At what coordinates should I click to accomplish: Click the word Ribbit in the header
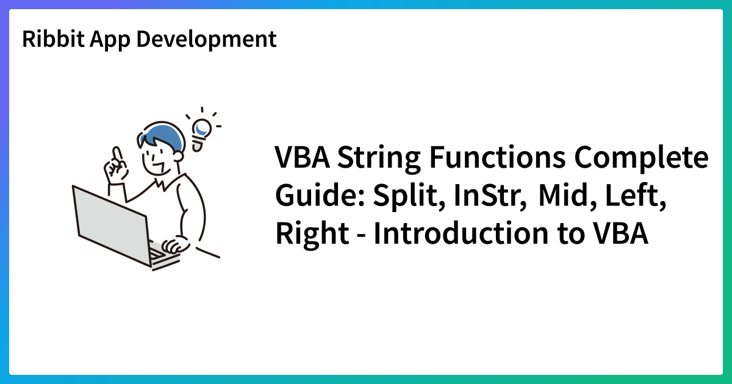[x=53, y=39]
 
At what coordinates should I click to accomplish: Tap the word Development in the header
[x=207, y=39]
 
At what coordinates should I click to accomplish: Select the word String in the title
[x=379, y=158]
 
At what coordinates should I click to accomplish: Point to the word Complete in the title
[x=642, y=158]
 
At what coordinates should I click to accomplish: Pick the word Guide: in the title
[x=320, y=195]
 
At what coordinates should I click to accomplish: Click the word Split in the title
[x=409, y=196]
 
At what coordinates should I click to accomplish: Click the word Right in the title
[x=312, y=233]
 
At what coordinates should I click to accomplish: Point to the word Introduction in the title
[x=461, y=233]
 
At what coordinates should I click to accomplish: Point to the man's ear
[x=178, y=156]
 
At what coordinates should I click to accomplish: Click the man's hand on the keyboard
[x=176, y=244]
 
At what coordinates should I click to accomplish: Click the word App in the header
[x=110, y=40]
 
